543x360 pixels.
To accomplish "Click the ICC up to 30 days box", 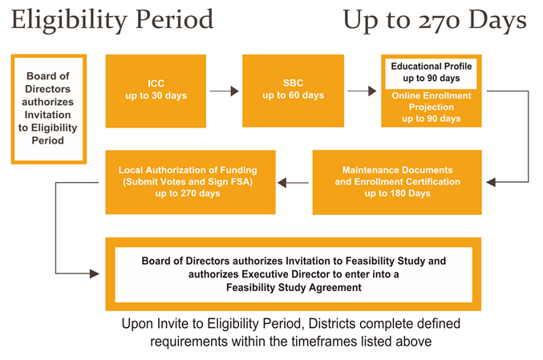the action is [x=156, y=91].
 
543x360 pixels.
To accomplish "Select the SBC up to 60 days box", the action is [x=293, y=91].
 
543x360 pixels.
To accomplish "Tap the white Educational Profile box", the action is [x=432, y=72].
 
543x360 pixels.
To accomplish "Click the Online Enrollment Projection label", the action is [x=432, y=101].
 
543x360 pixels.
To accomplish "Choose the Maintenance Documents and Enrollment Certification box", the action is [x=397, y=182].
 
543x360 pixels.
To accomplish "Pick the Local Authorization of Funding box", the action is [x=190, y=182].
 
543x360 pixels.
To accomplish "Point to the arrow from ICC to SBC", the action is [x=225, y=91].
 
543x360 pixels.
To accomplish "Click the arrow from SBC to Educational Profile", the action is [x=362, y=91].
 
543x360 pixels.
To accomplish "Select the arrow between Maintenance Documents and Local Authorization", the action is [x=294, y=183].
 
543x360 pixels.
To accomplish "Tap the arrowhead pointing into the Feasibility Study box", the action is [x=95, y=273].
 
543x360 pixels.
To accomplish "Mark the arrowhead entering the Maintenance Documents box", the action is [x=491, y=182].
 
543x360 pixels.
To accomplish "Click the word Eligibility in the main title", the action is [x=69, y=20].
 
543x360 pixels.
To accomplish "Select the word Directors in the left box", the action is [x=48, y=89].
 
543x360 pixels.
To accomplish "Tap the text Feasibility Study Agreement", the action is [x=294, y=287].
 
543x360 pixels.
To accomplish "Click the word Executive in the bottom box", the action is [x=263, y=274].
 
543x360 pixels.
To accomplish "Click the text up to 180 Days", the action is [x=397, y=193].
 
